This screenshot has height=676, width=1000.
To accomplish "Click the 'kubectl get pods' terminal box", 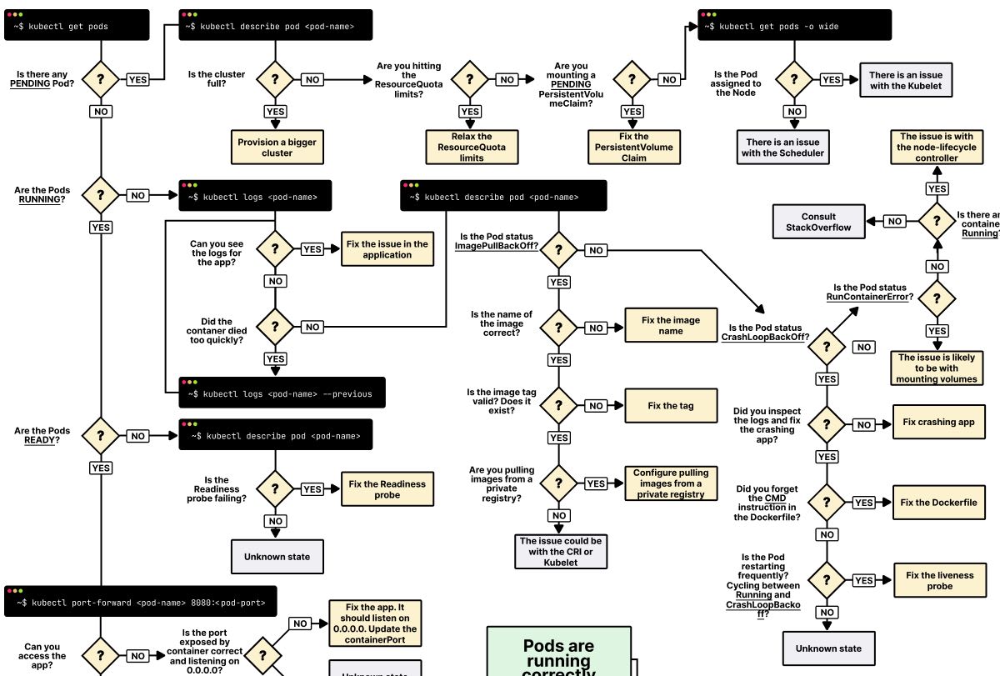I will coord(77,25).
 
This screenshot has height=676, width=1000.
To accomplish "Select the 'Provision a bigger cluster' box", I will coord(277,148).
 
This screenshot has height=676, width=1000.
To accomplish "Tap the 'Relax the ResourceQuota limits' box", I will coord(472,147).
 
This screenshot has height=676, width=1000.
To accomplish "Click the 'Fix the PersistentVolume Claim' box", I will coord(633,147).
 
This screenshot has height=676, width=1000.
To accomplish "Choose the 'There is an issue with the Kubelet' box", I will coord(906,80).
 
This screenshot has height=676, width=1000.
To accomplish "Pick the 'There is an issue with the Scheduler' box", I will coord(782,148).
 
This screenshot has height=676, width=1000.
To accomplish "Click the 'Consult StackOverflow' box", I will coord(818,222).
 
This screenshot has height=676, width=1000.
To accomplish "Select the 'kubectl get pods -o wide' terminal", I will coord(794,25).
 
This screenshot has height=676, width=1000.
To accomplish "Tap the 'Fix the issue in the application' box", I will coord(387,249).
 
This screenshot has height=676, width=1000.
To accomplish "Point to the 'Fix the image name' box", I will coord(671,325).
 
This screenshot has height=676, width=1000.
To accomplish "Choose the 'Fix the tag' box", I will coord(671,406).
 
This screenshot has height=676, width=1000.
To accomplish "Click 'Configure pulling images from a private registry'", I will coord(671,483).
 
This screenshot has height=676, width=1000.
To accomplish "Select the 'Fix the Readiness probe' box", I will coord(387,489).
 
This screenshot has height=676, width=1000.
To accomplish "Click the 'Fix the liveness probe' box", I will coord(939,580).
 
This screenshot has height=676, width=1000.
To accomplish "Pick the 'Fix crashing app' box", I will coord(938,422).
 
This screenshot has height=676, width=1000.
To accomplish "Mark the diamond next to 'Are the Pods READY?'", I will coord(101,436).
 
